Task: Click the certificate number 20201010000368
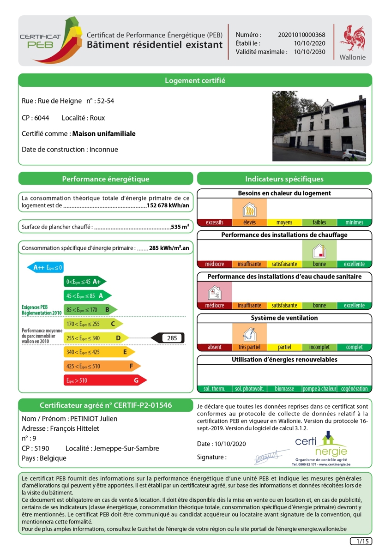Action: [302, 35]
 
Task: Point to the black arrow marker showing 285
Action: [168, 338]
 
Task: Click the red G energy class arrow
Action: [105, 380]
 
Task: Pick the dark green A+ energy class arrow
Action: [85, 281]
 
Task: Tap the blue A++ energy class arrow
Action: [45, 267]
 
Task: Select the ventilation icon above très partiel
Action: [249, 333]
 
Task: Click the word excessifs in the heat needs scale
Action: [215, 223]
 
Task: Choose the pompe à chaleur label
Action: [319, 389]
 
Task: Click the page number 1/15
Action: [361, 541]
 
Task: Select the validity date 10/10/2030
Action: [310, 52]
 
